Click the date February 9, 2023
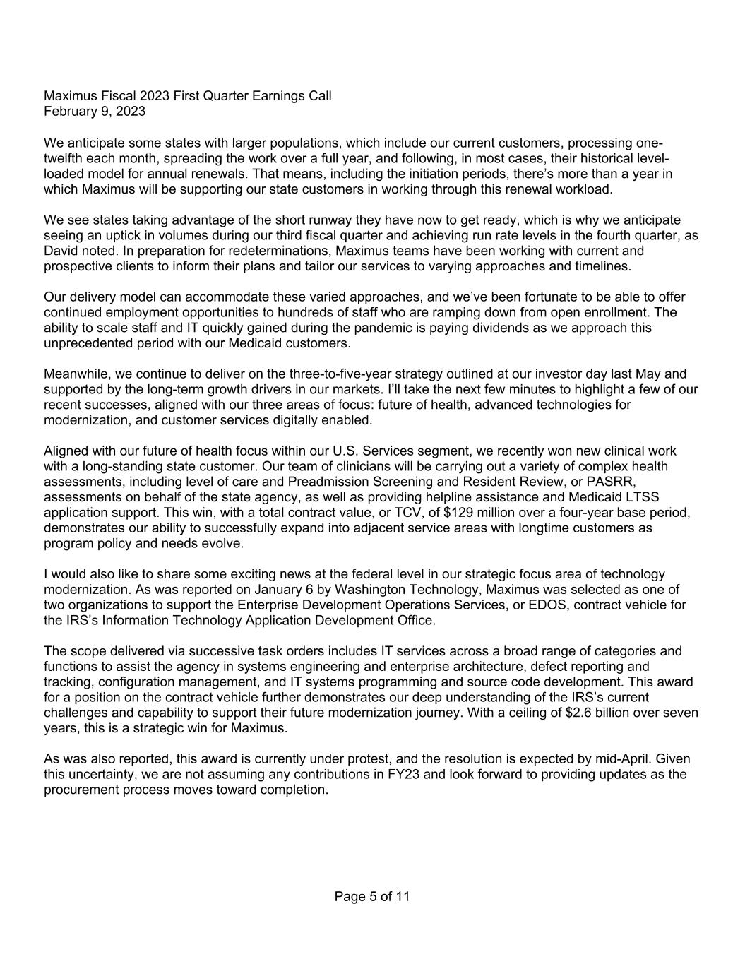coord(95,112)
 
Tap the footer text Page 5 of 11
coord(372,897)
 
